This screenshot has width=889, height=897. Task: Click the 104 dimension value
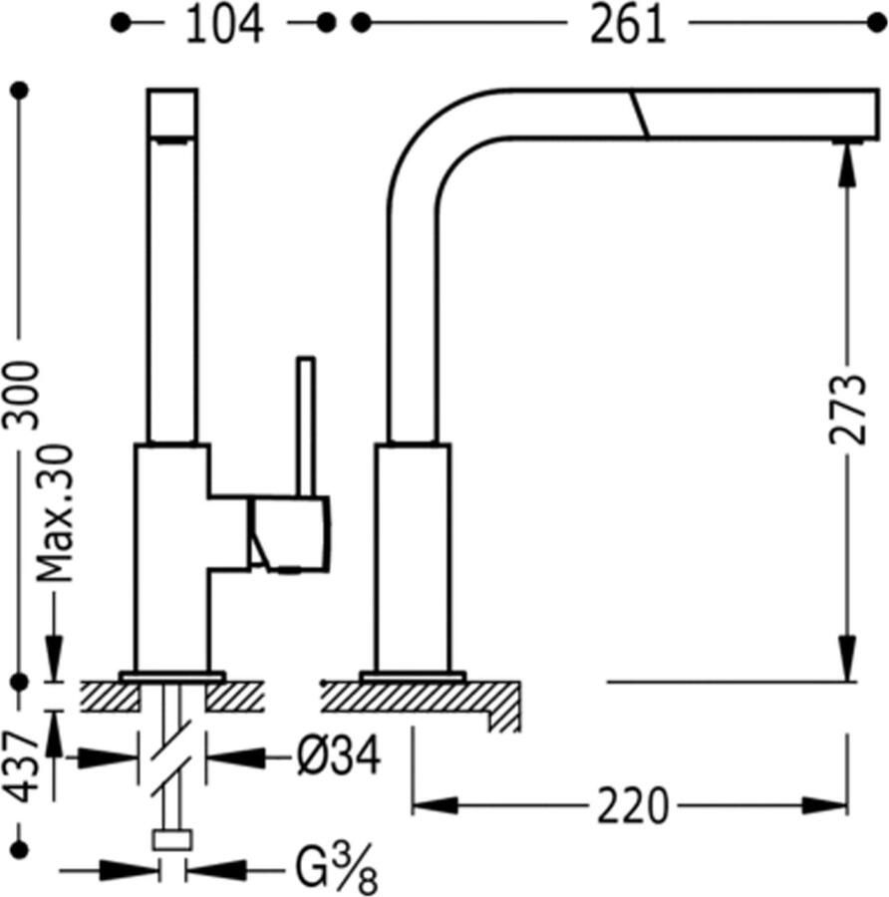(x=224, y=24)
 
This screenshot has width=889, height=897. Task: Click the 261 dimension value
(x=627, y=24)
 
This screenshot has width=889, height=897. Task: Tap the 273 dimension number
(x=846, y=410)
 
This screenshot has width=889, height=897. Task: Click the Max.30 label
(x=55, y=512)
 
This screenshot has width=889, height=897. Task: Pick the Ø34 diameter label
(x=339, y=759)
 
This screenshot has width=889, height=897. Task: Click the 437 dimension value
(x=22, y=766)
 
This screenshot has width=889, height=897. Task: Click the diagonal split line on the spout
(x=639, y=115)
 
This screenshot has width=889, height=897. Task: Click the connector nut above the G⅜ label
(x=171, y=840)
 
